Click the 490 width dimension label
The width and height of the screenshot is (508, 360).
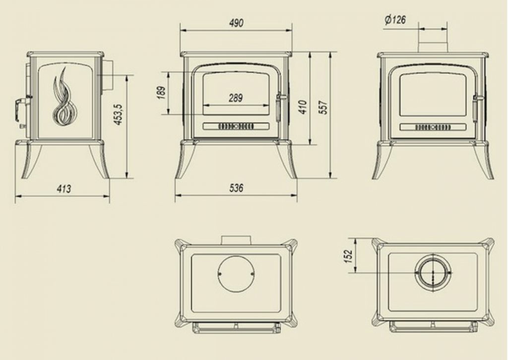pyautogui.click(x=236, y=23)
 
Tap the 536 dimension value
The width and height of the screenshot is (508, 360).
pyautogui.click(x=236, y=188)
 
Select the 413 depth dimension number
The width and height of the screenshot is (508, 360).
pyautogui.click(x=63, y=189)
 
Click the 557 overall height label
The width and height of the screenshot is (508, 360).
pyautogui.click(x=323, y=108)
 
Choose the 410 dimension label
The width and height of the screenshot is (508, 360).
pyautogui.click(x=303, y=107)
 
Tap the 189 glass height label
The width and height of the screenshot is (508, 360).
pyautogui.click(x=162, y=93)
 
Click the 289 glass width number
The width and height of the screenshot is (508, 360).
pyautogui.click(x=236, y=98)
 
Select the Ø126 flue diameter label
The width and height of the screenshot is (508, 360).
pyautogui.click(x=395, y=20)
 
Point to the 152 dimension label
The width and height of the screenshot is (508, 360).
pyautogui.click(x=348, y=256)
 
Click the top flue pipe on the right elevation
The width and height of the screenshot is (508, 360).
pyautogui.click(x=433, y=47)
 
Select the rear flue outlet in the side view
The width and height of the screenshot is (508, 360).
pyautogui.click(x=108, y=75)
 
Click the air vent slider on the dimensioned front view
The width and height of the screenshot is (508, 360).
pyautogui.click(x=236, y=126)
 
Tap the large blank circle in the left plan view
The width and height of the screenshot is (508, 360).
pyautogui.click(x=236, y=274)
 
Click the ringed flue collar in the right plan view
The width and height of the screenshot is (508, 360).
pyautogui.click(x=433, y=272)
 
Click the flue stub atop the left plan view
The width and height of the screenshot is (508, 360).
pyautogui.click(x=236, y=240)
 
